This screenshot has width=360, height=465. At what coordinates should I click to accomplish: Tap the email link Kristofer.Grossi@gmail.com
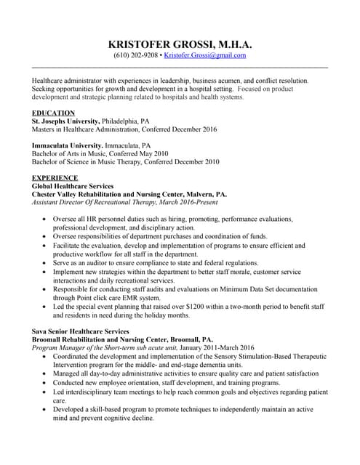(205, 55)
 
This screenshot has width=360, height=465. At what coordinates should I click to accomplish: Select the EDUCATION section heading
(53, 113)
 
